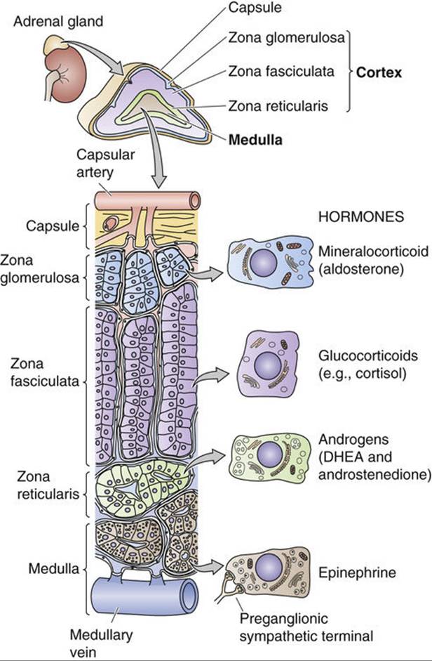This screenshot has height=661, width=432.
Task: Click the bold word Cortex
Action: [x=379, y=72]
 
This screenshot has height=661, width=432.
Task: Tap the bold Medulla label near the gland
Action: [x=255, y=140]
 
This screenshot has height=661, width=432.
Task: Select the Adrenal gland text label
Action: [x=58, y=22]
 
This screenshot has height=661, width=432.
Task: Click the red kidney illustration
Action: [x=67, y=77]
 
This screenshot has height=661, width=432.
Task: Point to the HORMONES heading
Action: [x=361, y=216]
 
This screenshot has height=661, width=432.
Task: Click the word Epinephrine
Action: [x=357, y=573]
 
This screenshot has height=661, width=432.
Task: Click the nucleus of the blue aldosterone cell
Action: [x=263, y=262]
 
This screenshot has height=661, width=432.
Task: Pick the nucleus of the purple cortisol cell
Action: [x=268, y=365]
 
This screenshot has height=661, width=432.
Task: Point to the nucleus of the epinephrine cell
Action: [x=269, y=568]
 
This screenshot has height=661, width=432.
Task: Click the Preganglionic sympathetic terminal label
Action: [x=306, y=627]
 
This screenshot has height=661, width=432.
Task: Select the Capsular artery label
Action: [x=105, y=163]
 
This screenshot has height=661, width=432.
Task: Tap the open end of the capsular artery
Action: [x=194, y=201]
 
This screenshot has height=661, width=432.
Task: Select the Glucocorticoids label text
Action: [x=368, y=355]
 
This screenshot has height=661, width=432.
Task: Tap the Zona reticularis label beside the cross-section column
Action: [x=48, y=485]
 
